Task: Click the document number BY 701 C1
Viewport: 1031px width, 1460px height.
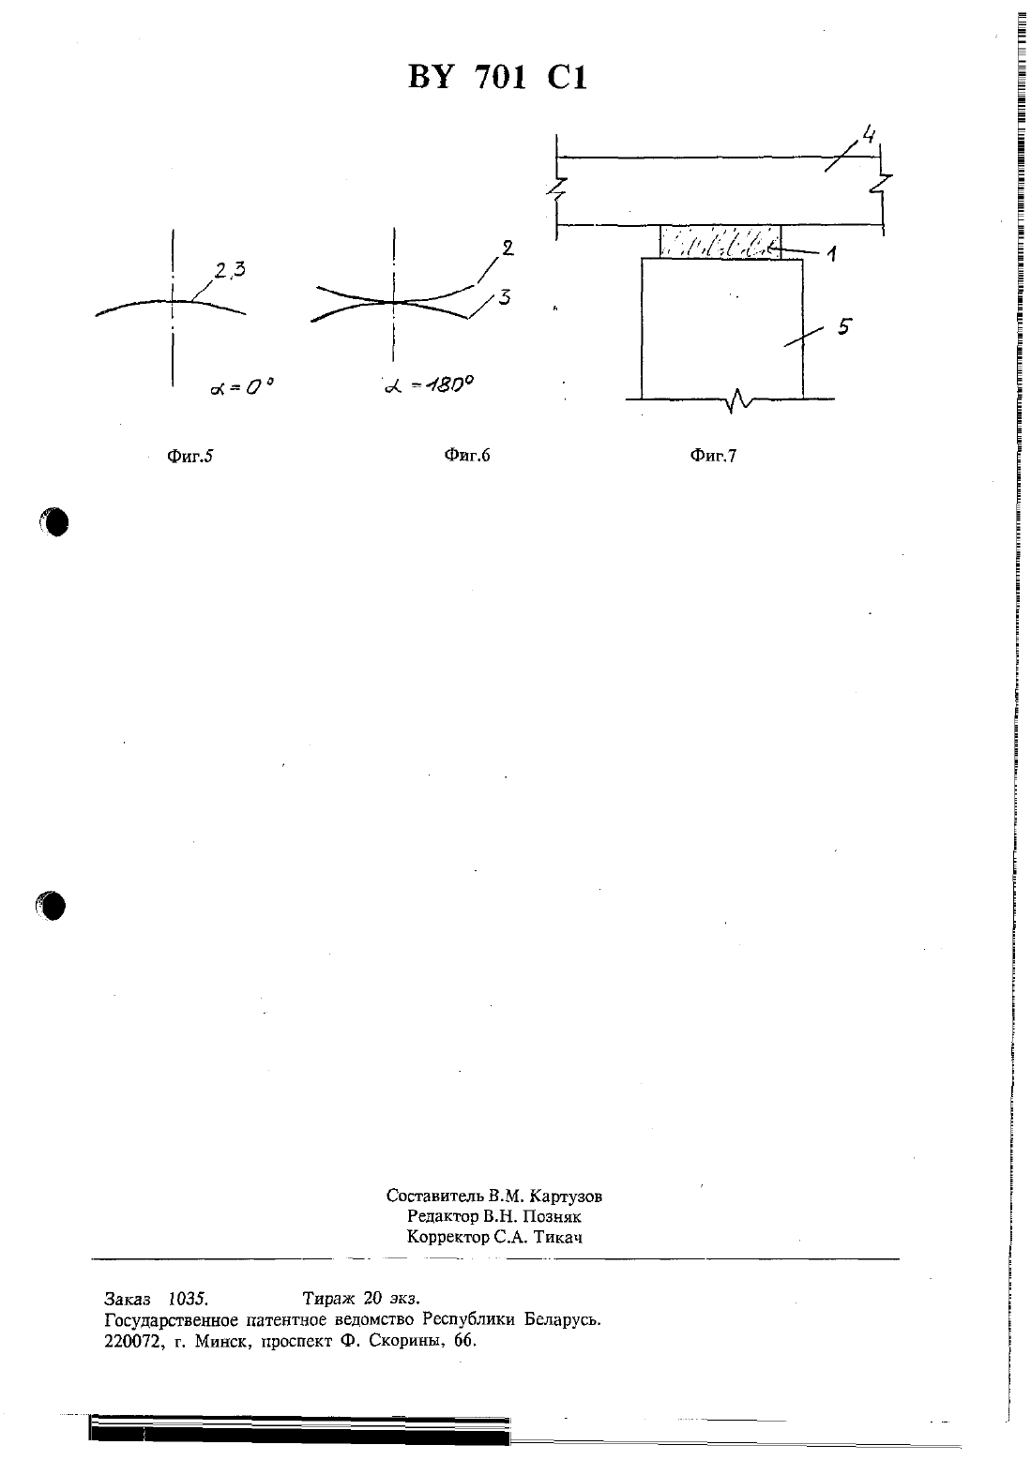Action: pyautogui.click(x=497, y=78)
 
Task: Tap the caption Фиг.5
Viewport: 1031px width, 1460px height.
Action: pyautogui.click(x=190, y=456)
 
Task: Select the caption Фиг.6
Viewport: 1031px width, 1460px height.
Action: pyautogui.click(x=466, y=455)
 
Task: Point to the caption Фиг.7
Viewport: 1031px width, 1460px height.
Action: pyautogui.click(x=713, y=455)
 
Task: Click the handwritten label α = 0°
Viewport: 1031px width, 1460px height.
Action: pyautogui.click(x=241, y=387)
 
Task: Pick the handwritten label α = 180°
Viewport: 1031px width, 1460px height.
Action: pyautogui.click(x=428, y=384)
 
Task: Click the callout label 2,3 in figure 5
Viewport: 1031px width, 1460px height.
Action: pyautogui.click(x=230, y=269)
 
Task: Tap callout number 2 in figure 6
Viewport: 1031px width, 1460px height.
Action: pyautogui.click(x=507, y=248)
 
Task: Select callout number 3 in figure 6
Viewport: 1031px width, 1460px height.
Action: pyautogui.click(x=504, y=297)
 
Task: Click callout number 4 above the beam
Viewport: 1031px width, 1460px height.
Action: pyautogui.click(x=868, y=135)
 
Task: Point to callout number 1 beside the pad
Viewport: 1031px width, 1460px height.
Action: pyautogui.click(x=831, y=253)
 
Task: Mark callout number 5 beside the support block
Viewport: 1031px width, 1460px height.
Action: pyautogui.click(x=843, y=326)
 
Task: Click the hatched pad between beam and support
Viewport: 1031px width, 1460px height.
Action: pyautogui.click(x=720, y=243)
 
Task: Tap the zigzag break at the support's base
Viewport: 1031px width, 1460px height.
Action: pyautogui.click(x=736, y=400)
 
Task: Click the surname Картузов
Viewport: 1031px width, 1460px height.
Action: pyautogui.click(x=566, y=1196)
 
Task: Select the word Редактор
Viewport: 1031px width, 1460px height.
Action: pyautogui.click(x=442, y=1216)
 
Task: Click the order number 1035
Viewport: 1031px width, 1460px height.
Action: pyautogui.click(x=188, y=1299)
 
